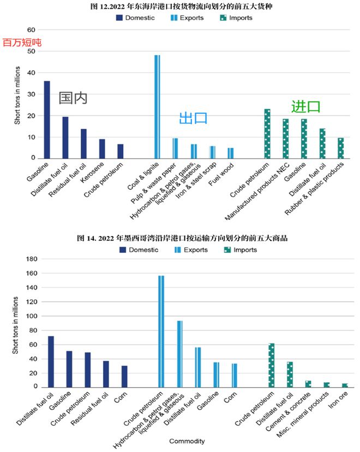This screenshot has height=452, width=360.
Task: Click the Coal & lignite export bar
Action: click(x=157, y=106)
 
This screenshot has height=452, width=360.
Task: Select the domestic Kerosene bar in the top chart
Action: click(x=102, y=149)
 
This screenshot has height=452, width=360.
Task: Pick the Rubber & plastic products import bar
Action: click(x=341, y=148)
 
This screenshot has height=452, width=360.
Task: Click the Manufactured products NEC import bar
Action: click(x=285, y=138)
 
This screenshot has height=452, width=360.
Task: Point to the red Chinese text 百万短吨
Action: click(x=22, y=42)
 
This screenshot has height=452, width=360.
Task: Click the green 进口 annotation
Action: click(x=305, y=106)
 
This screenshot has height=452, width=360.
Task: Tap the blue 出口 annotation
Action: click(x=194, y=118)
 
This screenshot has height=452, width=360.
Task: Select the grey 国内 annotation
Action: click(x=73, y=98)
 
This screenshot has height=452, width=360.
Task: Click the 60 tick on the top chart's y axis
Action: click(x=31, y=30)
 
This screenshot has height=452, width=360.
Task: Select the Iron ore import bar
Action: click(x=345, y=385)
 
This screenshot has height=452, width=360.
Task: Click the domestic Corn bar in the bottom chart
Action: click(x=124, y=376)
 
